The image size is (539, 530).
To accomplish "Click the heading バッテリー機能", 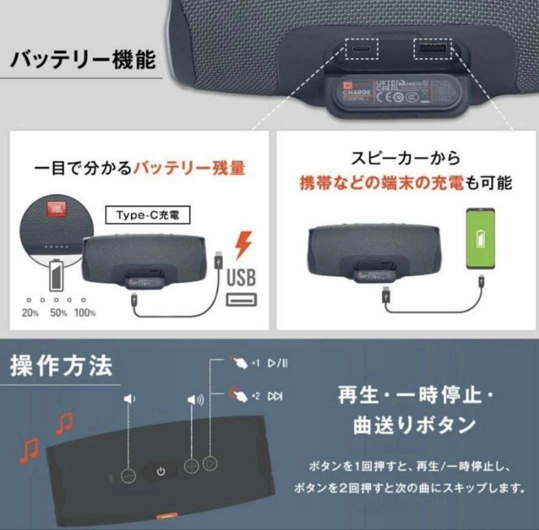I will (x=83, y=59).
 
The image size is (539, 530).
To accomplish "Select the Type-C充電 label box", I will (x=148, y=216).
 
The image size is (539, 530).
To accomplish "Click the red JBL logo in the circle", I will (x=54, y=210).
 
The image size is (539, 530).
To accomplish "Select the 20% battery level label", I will (x=30, y=313).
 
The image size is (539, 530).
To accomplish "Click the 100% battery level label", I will (x=85, y=313).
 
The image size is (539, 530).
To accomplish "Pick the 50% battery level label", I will (x=58, y=313).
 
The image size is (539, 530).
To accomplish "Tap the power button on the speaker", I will (x=160, y=471).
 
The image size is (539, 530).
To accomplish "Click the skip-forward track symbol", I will (x=275, y=396).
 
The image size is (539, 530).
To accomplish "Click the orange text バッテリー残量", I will (x=189, y=168).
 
